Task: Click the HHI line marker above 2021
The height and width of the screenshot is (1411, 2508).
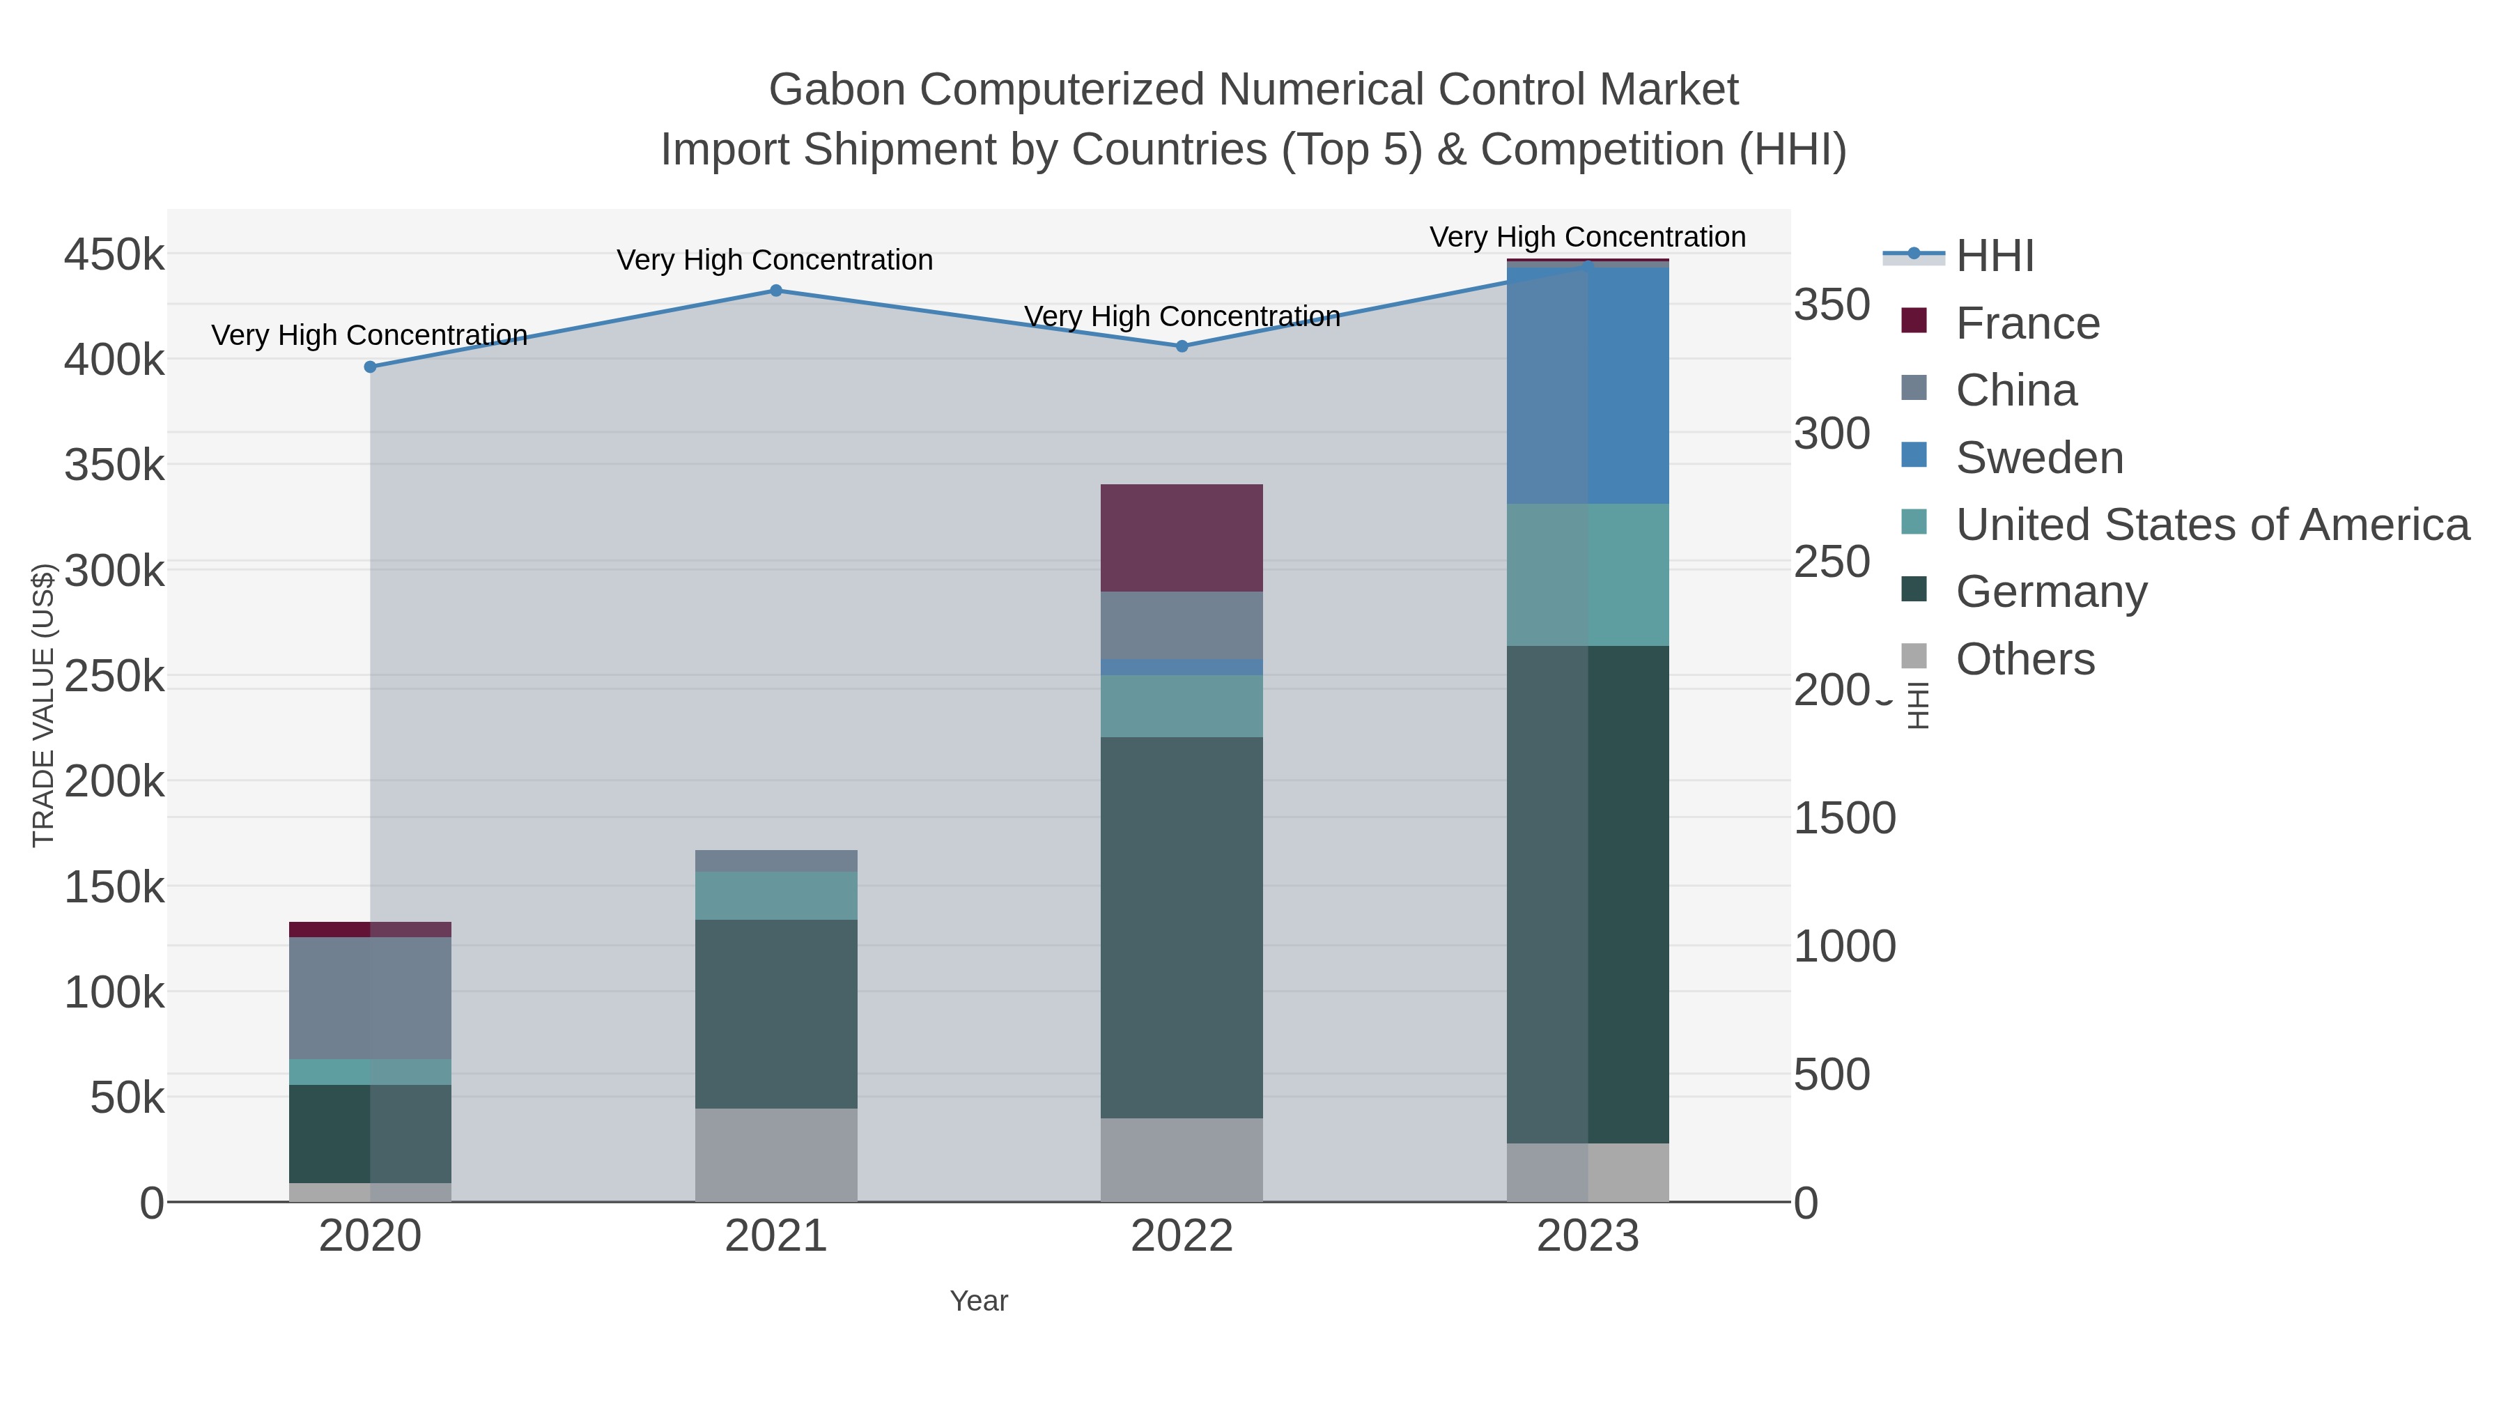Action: [776, 290]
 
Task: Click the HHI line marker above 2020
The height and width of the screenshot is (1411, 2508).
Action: [370, 367]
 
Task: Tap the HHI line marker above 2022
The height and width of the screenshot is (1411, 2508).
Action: [1182, 346]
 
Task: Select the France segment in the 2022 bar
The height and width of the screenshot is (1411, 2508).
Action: [1182, 537]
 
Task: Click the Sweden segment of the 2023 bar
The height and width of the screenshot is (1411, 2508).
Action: [1588, 385]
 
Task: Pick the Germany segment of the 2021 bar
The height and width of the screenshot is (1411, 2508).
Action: [776, 1012]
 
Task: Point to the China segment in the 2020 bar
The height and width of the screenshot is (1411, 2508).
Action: [370, 997]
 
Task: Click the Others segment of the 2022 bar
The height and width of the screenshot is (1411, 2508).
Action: [1182, 1159]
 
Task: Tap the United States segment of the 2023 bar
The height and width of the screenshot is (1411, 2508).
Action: [1588, 575]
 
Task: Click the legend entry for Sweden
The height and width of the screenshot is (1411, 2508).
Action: [2040, 458]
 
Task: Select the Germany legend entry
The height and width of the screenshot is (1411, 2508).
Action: [2052, 592]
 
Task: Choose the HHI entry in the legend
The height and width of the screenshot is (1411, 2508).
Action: [1995, 256]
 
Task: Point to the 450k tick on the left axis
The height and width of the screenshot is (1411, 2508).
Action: [114, 256]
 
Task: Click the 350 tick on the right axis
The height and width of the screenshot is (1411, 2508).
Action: [1832, 304]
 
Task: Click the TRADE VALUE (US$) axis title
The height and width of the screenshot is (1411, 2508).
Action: [44, 705]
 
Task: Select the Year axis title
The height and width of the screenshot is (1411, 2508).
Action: [979, 1301]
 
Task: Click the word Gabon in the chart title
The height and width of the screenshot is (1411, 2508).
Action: [837, 90]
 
